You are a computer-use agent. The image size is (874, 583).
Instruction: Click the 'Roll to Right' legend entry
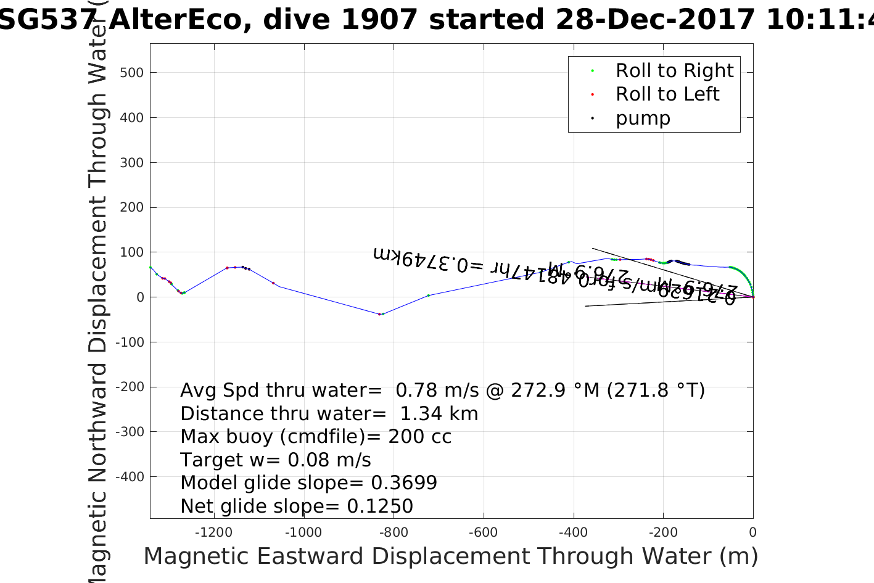(x=674, y=71)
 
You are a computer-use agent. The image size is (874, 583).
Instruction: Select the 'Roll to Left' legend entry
(x=667, y=94)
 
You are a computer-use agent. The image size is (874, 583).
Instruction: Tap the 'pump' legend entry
(x=642, y=118)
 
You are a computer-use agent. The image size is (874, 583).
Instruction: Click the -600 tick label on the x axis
(x=483, y=532)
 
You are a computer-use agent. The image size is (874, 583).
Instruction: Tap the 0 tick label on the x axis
(x=752, y=532)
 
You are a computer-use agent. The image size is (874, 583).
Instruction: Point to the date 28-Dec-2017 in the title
(x=655, y=20)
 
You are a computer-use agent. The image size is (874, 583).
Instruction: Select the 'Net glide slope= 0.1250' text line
(x=297, y=506)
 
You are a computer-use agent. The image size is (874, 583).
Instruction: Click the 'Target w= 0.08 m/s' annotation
(x=276, y=460)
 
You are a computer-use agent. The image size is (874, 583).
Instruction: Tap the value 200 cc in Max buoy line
(x=419, y=437)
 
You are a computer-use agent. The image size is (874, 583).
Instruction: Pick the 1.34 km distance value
(x=439, y=413)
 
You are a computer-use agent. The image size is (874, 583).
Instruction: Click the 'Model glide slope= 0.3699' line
(x=308, y=483)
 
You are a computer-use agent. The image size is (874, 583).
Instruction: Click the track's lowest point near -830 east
(x=380, y=314)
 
